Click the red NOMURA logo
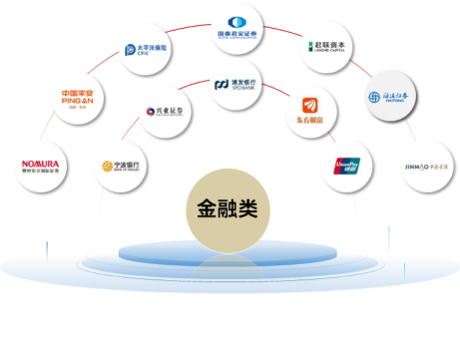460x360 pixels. [x=41, y=164]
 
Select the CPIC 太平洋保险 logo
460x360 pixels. [x=146, y=48]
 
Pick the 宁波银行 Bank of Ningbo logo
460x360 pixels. [x=121, y=166]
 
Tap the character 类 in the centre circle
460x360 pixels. [x=249, y=210]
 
